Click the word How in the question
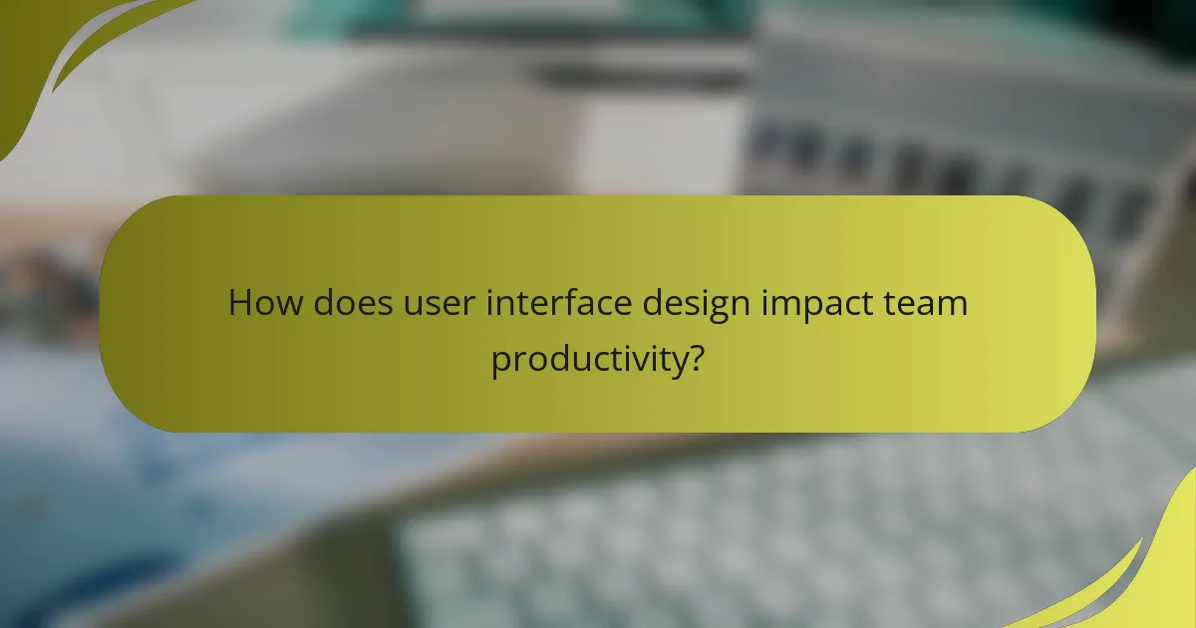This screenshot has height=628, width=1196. coord(266,303)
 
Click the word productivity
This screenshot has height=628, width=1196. coord(589,359)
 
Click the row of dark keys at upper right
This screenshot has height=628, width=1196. coord(947,169)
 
